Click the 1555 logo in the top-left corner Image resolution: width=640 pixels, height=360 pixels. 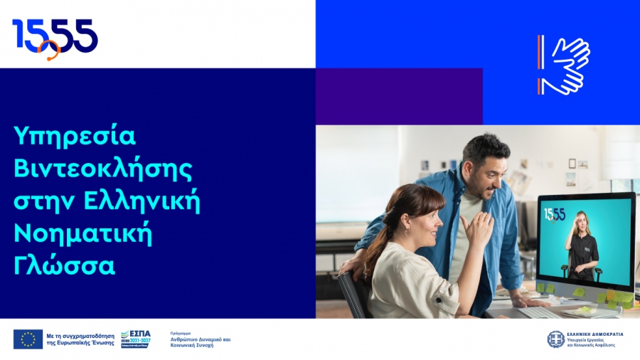pyautogui.click(x=55, y=38)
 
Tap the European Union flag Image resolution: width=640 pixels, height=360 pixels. pyautogui.click(x=28, y=339)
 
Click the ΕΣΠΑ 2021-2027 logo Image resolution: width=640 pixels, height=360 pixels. pyautogui.click(x=135, y=338)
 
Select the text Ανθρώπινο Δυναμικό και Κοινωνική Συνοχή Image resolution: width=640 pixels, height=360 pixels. pyautogui.click(x=201, y=340)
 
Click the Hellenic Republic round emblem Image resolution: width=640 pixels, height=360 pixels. pyautogui.click(x=555, y=339)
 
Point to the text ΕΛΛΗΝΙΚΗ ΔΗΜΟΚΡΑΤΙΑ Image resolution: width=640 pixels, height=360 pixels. pyautogui.click(x=594, y=334)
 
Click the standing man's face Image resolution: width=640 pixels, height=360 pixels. pyautogui.click(x=491, y=171)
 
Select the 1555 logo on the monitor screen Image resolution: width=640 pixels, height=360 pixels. pyautogui.click(x=555, y=215)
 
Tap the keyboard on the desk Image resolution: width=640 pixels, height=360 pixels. pyautogui.click(x=540, y=312)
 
